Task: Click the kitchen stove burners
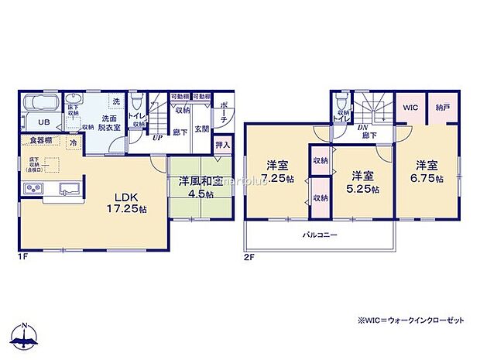point(36,188)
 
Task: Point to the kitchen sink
point(66,188)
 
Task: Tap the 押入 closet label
point(222,144)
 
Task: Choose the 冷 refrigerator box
point(72,143)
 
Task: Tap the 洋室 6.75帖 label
point(428,171)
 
